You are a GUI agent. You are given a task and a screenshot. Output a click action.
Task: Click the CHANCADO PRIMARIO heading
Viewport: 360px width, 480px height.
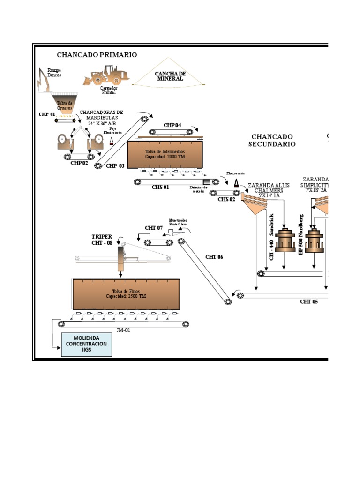pos(97,55)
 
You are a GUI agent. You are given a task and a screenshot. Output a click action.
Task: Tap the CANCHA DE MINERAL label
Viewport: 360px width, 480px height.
pos(171,76)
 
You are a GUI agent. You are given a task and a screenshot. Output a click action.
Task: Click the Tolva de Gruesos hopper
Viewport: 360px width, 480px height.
pos(64,104)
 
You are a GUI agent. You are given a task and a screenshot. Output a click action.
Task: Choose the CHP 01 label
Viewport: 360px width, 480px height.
pos(47,114)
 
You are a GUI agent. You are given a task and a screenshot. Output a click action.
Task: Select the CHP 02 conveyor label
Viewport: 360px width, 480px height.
pos(79,163)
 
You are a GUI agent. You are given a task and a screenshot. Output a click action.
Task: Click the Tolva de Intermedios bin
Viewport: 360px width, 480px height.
pos(165,155)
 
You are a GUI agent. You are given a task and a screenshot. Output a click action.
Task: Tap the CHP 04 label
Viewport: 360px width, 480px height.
pos(172,125)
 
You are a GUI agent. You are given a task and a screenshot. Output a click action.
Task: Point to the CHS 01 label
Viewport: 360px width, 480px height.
pos(160,187)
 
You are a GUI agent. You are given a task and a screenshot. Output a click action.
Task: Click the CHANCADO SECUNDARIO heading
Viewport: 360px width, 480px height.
pos(272,140)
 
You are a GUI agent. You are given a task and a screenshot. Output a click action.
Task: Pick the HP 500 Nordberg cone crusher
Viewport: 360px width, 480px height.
pos(315,241)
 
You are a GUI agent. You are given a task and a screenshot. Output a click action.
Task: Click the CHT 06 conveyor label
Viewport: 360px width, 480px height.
pos(214,257)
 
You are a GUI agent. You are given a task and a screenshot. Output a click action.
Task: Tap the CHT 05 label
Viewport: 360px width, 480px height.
pos(309,302)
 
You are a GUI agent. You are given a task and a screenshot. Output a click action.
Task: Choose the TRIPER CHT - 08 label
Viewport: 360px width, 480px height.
pos(102,240)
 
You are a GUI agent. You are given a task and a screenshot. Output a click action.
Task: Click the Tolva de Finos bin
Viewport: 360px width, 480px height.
pos(126,294)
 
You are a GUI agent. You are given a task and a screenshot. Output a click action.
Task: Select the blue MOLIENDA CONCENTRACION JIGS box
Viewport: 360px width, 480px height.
pos(86,344)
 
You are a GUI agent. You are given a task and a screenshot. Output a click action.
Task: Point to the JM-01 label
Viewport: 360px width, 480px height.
pos(123,330)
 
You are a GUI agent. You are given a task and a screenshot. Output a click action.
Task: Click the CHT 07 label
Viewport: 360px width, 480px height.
pos(154,228)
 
